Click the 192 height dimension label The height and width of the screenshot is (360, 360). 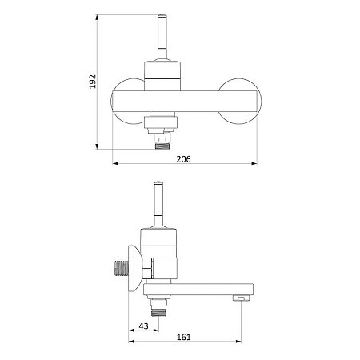coord(92,82)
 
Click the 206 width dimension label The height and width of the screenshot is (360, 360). coord(183,159)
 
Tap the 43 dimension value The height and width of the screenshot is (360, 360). coord(143,326)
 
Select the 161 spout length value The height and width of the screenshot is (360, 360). coord(184,337)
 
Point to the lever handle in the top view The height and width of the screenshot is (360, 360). coord(162,38)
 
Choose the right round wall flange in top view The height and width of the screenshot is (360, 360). coord(240,102)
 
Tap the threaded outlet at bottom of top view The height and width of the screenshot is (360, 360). coord(162,146)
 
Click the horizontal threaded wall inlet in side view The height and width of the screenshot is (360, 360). coord(121,268)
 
